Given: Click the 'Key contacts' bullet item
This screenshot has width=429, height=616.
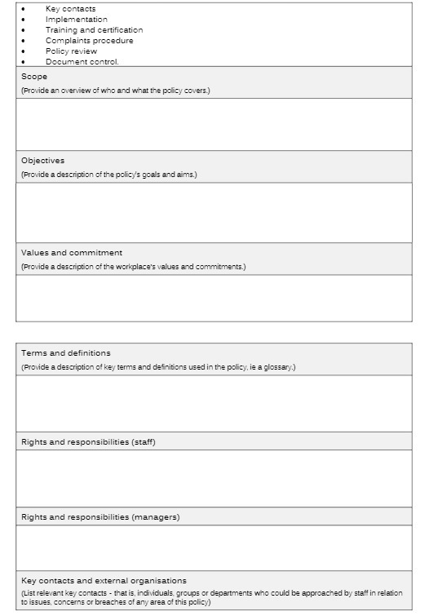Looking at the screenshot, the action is click(70, 9).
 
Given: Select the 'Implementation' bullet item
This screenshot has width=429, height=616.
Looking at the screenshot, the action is click(76, 20).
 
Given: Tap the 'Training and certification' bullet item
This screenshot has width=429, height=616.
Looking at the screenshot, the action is click(94, 30).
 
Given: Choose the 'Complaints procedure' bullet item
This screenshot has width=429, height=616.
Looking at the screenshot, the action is click(89, 41).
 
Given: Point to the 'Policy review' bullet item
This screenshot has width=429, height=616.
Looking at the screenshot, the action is click(71, 51).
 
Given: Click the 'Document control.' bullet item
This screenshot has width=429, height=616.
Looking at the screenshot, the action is click(82, 62).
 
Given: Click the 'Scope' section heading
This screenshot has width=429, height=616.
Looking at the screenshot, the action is click(34, 77).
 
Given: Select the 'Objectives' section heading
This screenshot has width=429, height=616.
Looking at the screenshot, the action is click(42, 161).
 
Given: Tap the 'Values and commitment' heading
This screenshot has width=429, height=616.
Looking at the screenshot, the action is click(72, 253).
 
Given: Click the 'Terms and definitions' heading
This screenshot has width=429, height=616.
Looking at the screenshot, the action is click(65, 353).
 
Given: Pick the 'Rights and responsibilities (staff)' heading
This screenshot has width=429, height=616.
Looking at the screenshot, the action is click(88, 442).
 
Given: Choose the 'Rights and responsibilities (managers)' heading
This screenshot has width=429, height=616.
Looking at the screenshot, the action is click(100, 517).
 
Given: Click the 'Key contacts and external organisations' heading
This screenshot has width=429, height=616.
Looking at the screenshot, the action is click(104, 581).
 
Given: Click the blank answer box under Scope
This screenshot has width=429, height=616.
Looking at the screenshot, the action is click(214, 124).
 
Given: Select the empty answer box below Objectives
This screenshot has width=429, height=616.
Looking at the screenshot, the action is click(214, 212).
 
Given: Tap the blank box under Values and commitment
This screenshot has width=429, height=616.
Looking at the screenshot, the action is click(214, 298).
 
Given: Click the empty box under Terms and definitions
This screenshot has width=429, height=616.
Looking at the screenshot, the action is click(214, 403).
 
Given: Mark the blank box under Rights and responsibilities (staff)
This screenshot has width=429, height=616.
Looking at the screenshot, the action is click(214, 478).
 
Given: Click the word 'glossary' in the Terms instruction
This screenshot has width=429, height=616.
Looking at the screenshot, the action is click(278, 367).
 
